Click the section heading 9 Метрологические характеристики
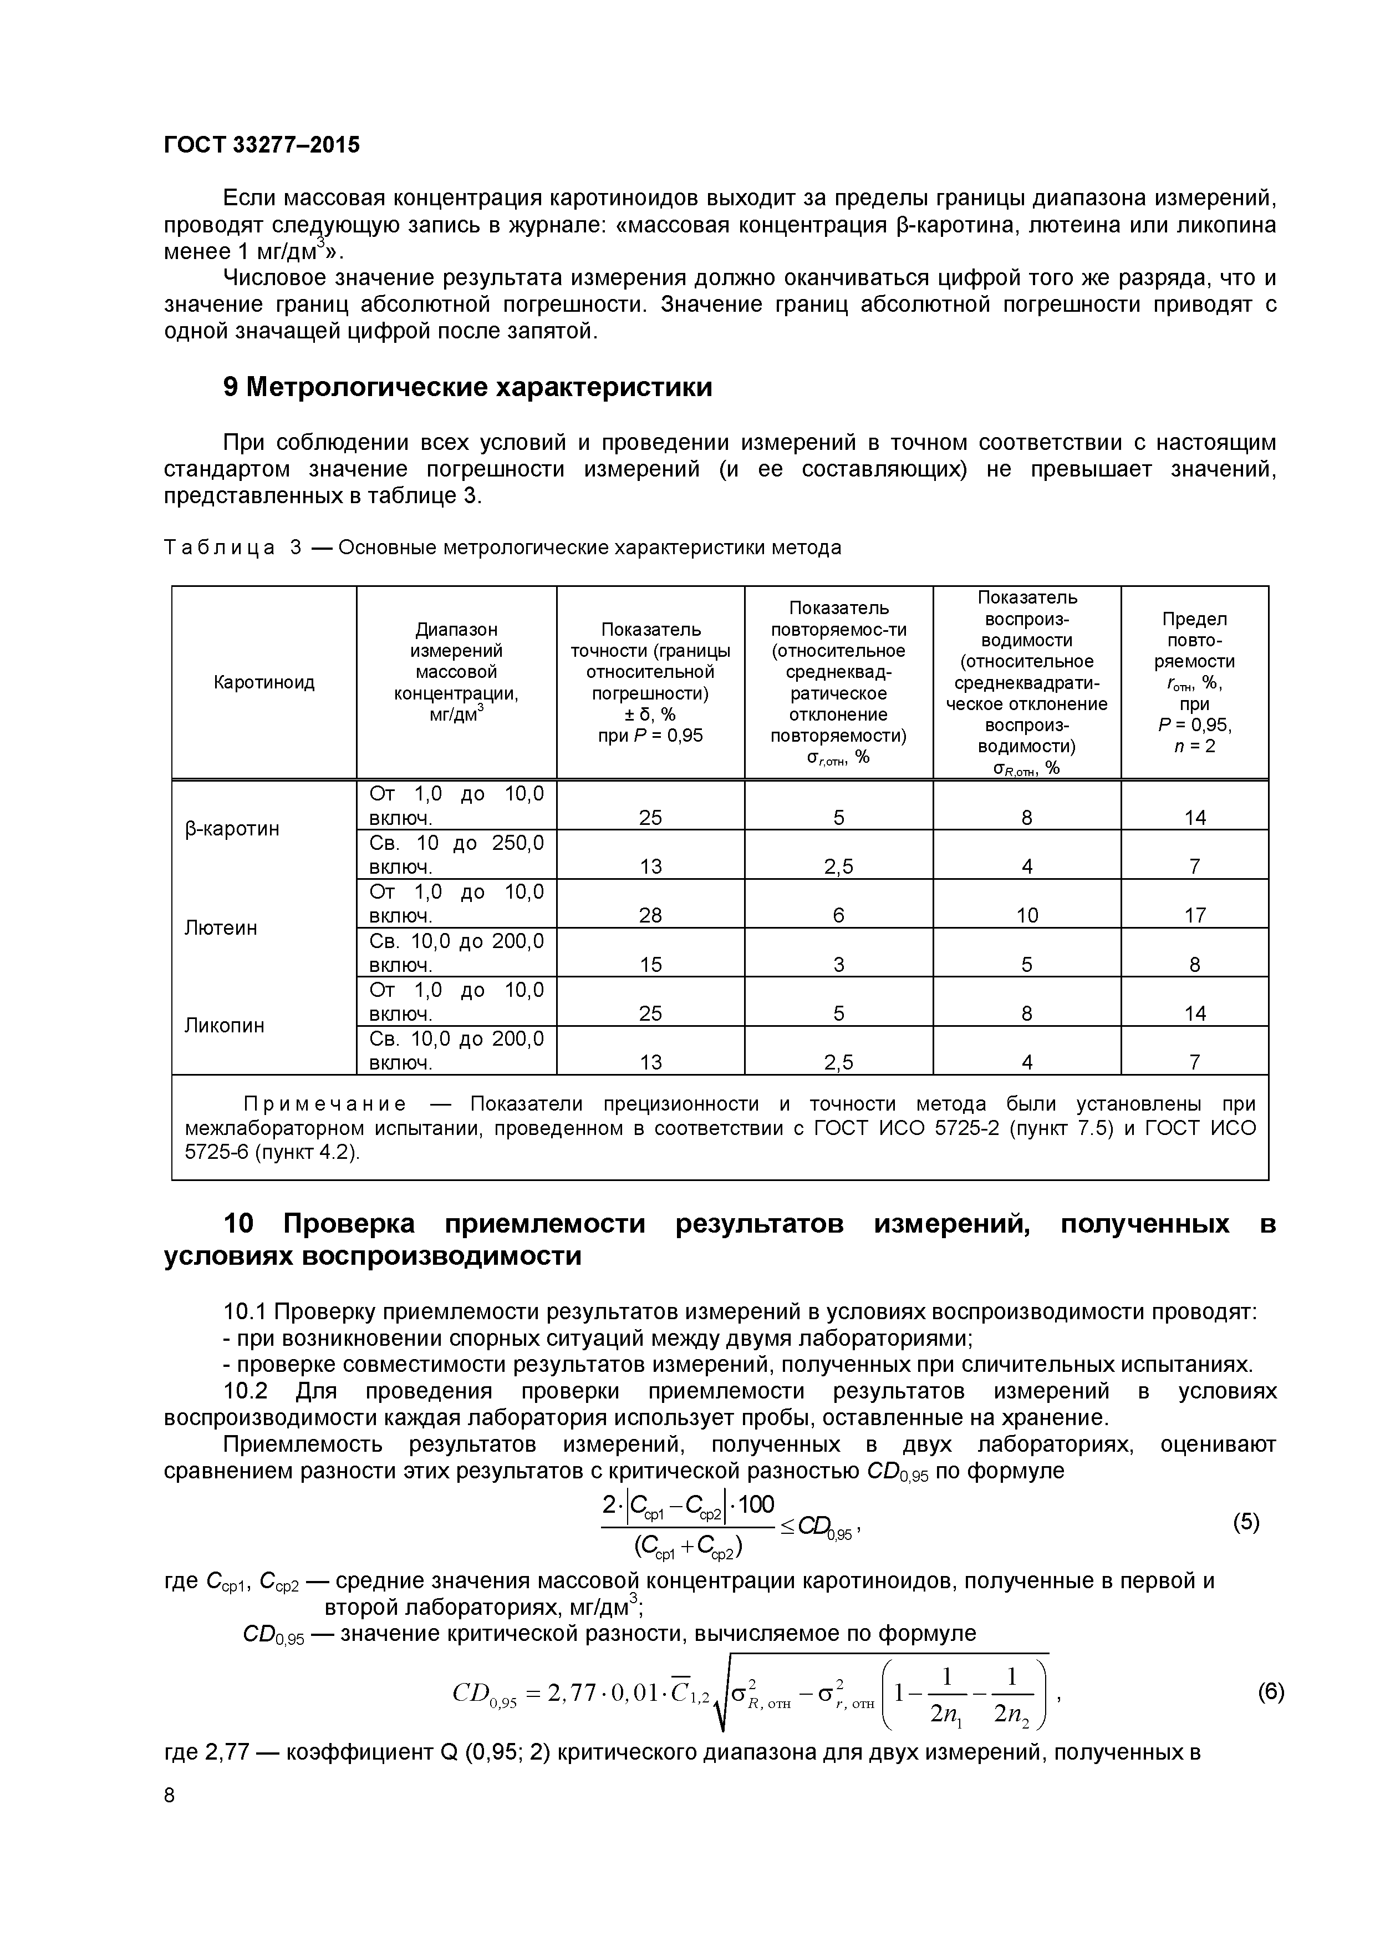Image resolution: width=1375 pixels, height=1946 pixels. (467, 387)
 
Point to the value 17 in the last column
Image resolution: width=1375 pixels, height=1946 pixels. (1195, 915)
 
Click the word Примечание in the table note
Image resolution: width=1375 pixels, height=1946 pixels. (324, 1104)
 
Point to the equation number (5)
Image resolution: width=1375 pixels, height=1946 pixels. (1246, 1522)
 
